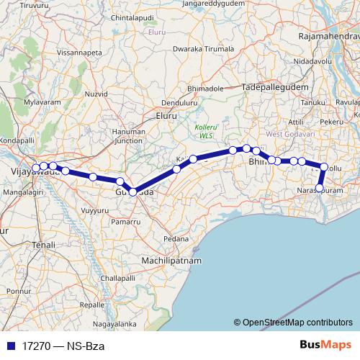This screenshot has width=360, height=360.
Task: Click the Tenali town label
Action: pos(42,246)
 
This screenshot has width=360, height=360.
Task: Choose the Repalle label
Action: pos(93,305)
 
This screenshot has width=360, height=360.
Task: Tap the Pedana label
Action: pos(176,238)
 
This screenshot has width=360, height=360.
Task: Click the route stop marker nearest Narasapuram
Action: pos(320,189)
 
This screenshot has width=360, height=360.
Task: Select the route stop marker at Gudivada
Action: pos(133,192)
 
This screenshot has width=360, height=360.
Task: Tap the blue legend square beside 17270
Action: pos(11,346)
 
